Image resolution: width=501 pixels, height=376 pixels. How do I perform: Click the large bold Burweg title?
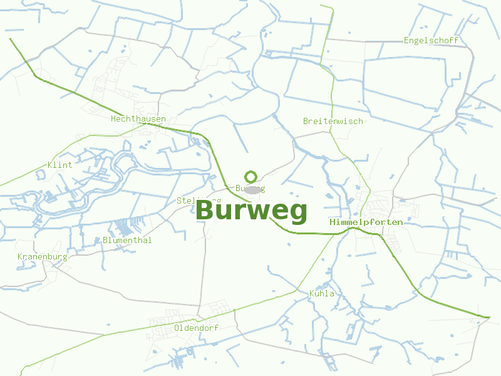click(x=252, y=211)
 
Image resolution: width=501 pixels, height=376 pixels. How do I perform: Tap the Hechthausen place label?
click(x=138, y=118)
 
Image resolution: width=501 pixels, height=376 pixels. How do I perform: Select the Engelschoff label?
click(x=431, y=40)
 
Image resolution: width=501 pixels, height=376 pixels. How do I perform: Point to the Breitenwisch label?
click(x=333, y=121)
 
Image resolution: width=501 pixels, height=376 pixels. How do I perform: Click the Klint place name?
click(x=60, y=165)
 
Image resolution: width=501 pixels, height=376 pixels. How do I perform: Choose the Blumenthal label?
click(x=127, y=240)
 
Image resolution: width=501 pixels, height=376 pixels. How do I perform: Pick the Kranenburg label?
click(x=42, y=257)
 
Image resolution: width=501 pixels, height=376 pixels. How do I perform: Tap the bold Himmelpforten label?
click(x=366, y=222)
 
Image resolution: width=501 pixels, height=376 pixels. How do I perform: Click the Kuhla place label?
click(x=322, y=293)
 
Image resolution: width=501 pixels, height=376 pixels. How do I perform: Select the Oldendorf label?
click(x=196, y=328)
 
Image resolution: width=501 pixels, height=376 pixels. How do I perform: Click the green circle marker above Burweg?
click(x=251, y=177)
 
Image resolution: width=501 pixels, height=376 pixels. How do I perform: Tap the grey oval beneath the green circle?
click(x=252, y=189)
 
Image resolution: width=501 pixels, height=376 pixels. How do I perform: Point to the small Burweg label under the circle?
click(x=250, y=188)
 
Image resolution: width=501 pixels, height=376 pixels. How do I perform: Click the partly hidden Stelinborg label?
click(x=199, y=200)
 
